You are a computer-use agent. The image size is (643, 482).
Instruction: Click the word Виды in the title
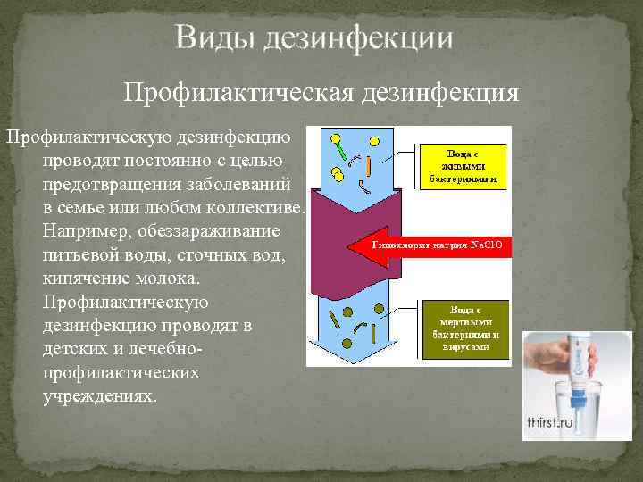pos(211,38)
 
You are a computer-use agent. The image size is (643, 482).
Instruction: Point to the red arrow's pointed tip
pos(350,243)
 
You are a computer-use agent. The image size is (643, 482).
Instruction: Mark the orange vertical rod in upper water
pos(368,167)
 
